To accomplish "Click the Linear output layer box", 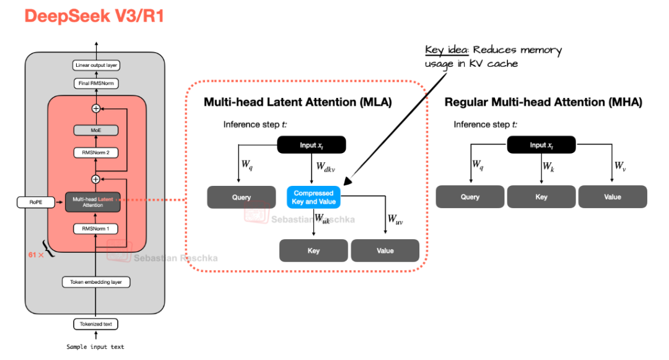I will tap(96, 65).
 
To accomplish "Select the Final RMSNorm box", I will tap(96, 83).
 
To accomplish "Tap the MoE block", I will tap(95, 130).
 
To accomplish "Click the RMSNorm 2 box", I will tap(95, 152).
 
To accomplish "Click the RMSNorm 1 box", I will tap(95, 229).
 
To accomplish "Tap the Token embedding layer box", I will tap(96, 282).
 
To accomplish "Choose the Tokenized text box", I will tap(95, 323).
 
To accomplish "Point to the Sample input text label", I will tap(95, 347).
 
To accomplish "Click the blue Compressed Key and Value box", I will tap(313, 197).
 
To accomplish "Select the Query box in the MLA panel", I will tap(242, 197).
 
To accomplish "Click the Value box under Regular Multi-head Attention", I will tap(613, 197).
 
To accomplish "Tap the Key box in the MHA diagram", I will tap(541, 197).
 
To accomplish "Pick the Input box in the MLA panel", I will tap(312, 145).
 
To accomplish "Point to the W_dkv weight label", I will tap(326, 167).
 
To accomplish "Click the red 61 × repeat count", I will tap(35, 254).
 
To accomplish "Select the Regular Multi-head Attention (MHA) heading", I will tap(543, 102).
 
